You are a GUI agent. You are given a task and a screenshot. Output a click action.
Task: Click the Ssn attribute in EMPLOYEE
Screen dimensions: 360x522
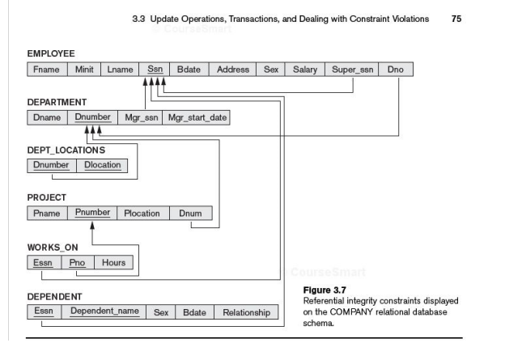click(155, 70)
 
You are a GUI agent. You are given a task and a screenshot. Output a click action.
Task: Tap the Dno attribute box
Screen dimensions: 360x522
click(395, 70)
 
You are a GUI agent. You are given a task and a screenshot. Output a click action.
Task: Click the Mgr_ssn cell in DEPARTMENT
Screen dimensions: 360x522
click(142, 118)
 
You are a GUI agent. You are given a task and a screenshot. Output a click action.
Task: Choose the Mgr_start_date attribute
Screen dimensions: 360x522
click(197, 118)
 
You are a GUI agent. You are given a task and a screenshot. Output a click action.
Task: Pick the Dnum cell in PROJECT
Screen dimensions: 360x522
click(196, 214)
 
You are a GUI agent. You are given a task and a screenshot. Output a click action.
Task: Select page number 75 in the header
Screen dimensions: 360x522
click(456, 18)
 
